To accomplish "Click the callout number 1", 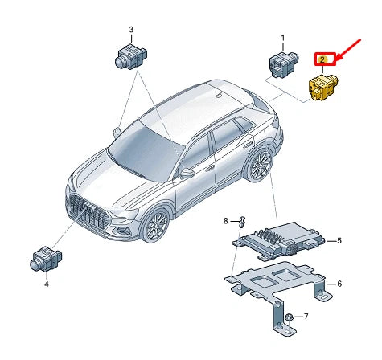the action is [283, 39].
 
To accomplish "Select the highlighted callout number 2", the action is [322, 59].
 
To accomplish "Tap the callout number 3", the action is [131, 30].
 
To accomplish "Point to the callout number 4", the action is [47, 284].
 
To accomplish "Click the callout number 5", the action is [339, 241].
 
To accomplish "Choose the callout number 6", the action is [339, 284].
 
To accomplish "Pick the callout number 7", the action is [306, 317].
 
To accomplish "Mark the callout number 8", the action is [226, 221].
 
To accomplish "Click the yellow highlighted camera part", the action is [322, 87].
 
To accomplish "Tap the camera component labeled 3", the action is [131, 56].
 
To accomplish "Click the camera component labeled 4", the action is [46, 260].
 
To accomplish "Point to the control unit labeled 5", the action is [279, 239].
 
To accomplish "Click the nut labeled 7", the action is [289, 317].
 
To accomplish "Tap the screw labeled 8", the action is [242, 221].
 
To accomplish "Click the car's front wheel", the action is [156, 224].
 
